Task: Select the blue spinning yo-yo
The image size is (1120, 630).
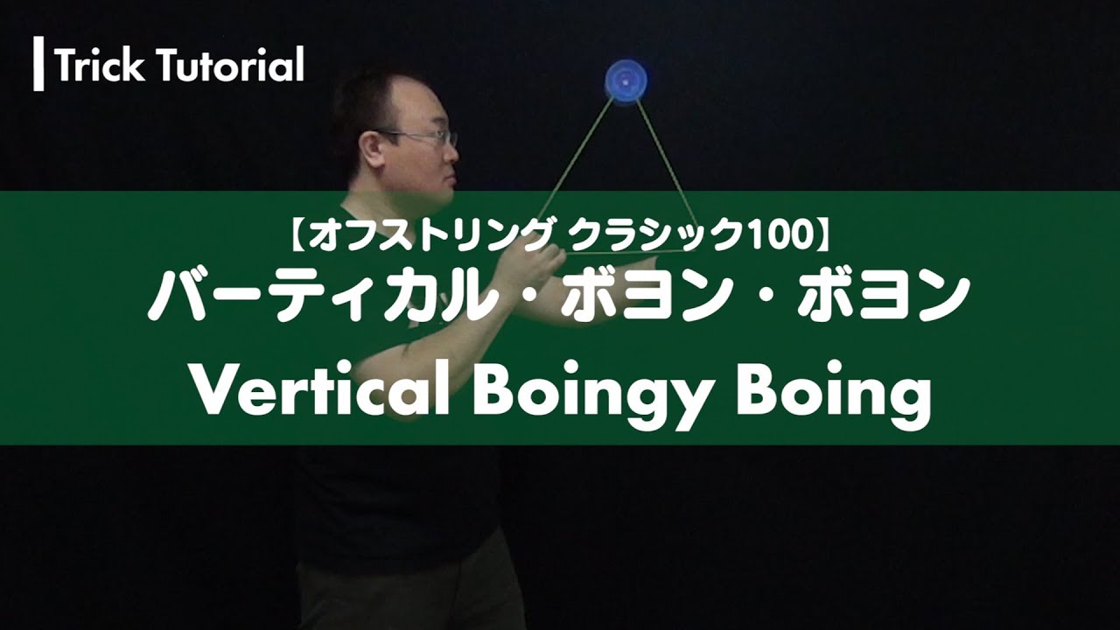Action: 624,81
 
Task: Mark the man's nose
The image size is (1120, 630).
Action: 452,153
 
